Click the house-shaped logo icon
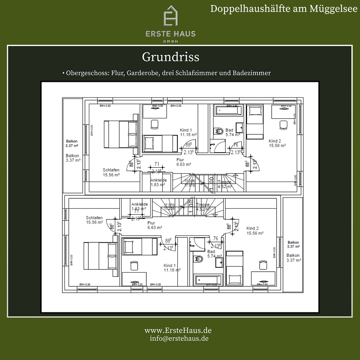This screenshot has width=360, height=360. (170, 16)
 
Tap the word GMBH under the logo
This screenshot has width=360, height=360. (170, 41)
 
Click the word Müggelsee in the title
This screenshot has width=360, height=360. (328, 8)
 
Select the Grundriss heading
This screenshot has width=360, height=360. (170, 57)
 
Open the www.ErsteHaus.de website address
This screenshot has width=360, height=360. (178, 330)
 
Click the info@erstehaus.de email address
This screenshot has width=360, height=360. (179, 338)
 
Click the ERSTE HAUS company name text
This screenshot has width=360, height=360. (170, 34)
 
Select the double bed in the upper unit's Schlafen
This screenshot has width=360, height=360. (121, 134)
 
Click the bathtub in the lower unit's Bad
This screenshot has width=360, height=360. (208, 280)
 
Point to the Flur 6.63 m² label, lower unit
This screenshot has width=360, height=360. (155, 225)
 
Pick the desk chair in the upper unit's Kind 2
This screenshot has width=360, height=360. (283, 124)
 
